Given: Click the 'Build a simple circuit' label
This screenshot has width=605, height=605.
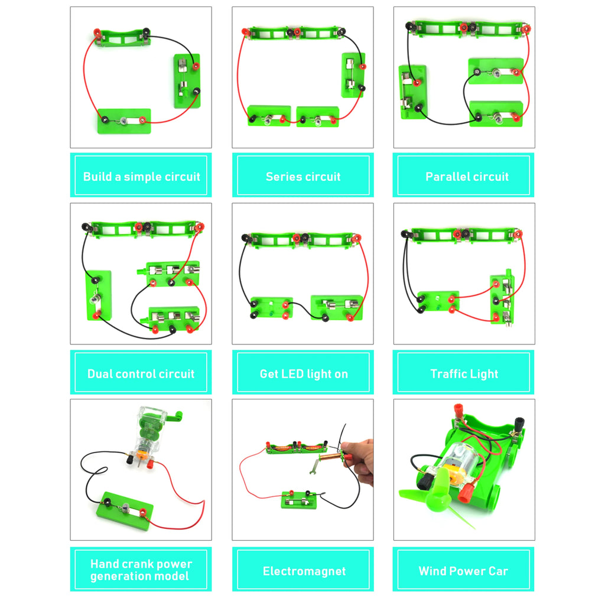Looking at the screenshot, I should [141, 176].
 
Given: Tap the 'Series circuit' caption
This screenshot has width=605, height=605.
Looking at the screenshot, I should [302, 176].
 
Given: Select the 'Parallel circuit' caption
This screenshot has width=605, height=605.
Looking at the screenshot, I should [466, 176].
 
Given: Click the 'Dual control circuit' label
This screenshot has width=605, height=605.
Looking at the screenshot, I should [141, 373].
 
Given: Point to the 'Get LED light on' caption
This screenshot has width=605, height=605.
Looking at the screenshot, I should [302, 373].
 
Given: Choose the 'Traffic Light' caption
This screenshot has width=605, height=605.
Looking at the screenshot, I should [464, 373].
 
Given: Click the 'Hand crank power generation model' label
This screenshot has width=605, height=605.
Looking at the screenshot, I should [141, 570].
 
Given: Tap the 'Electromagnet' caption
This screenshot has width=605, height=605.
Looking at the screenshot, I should [302, 571].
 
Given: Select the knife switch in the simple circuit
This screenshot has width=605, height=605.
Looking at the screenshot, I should [187, 80].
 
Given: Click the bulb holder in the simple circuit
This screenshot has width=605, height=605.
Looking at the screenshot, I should [124, 121].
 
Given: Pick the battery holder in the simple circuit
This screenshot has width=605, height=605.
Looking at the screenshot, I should [122, 37].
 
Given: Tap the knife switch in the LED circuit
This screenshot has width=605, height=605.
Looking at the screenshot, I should [336, 308].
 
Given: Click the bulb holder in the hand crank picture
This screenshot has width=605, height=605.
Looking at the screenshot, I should [125, 508].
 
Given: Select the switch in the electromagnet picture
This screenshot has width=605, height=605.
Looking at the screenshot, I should [302, 500].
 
